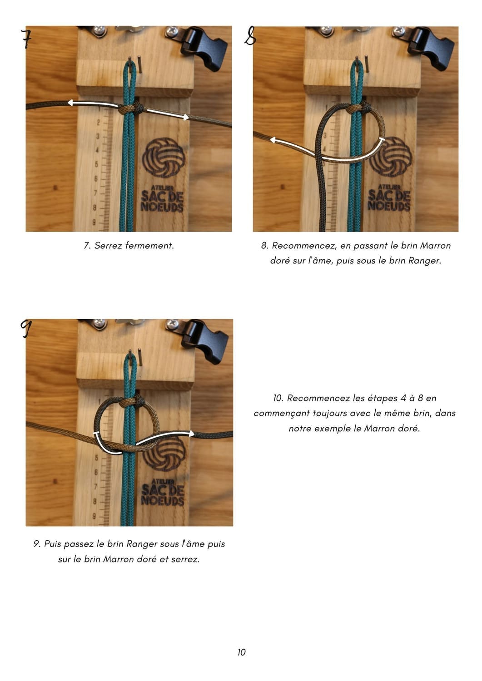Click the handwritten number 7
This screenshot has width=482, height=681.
tap(26, 39)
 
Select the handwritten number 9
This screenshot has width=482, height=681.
tap(25, 328)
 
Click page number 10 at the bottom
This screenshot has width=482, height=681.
tap(241, 652)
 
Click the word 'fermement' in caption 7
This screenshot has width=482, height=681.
tap(149, 245)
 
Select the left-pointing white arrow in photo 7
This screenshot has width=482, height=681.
tap(93, 104)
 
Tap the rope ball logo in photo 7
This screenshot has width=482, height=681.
tap(164, 157)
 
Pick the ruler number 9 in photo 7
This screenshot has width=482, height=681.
tap(94, 222)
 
